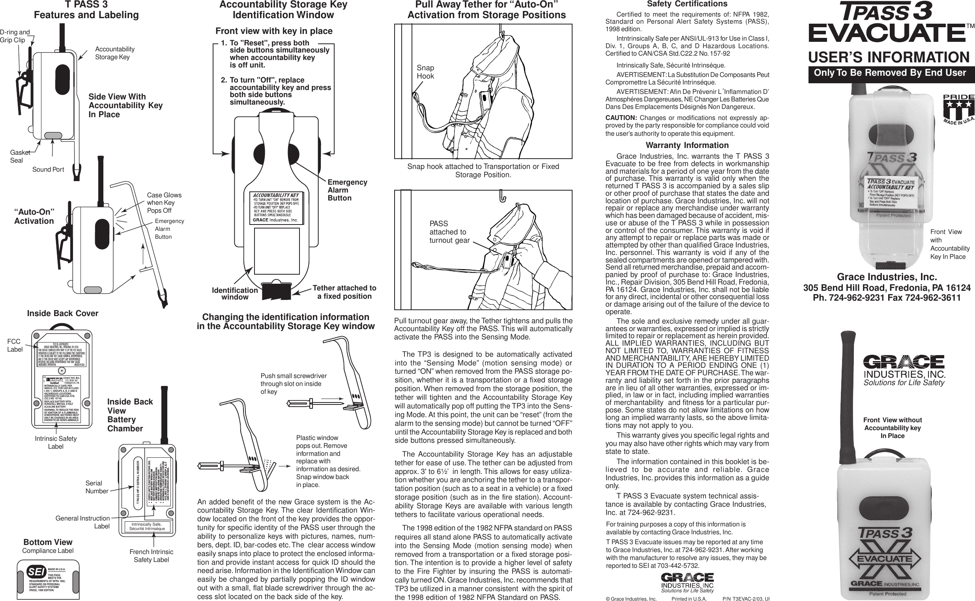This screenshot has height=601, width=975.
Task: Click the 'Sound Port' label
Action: coord(48,170)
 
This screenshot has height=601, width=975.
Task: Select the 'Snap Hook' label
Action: coord(425,72)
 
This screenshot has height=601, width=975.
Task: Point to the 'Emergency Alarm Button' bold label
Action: coord(347,190)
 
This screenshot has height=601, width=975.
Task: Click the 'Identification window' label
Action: coord(235,294)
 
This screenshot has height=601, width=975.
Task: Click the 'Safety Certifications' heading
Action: coord(687,4)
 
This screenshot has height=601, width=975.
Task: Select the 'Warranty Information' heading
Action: coord(687,146)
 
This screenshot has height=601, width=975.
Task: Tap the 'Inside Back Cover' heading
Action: coord(62,314)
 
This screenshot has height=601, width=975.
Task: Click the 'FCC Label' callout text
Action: coord(15,345)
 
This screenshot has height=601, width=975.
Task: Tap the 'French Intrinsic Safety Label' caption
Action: coord(151,556)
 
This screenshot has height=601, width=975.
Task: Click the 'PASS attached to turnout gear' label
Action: coord(449,232)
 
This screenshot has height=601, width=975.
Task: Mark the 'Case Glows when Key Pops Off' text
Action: coord(164,203)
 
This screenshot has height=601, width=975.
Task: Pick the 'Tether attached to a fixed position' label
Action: coord(344,292)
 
